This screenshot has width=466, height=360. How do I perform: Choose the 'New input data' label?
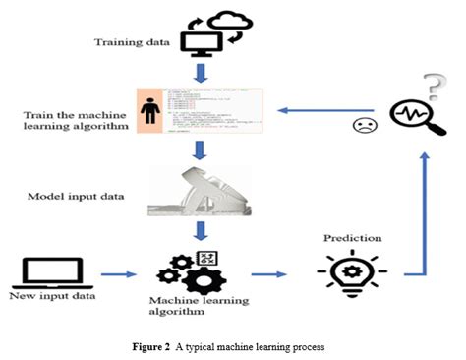tap(46, 295)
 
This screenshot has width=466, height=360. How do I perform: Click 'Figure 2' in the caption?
tap(172, 348)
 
